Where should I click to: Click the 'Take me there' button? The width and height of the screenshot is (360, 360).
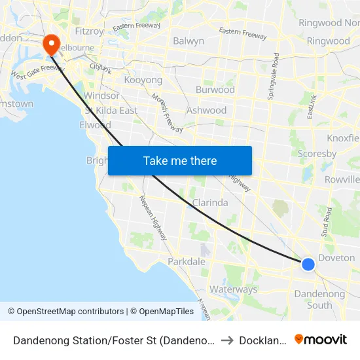(180, 160)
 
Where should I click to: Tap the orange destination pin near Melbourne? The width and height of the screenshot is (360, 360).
(51, 45)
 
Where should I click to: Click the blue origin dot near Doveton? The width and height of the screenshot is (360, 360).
(308, 264)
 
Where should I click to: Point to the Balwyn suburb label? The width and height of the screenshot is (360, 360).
(189, 41)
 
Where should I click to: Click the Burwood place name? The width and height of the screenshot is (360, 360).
(215, 90)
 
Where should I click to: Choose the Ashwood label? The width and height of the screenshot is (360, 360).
(206, 110)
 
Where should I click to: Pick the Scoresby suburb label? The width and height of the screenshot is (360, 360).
(317, 154)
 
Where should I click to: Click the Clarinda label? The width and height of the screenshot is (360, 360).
(210, 203)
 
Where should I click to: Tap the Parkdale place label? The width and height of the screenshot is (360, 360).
(187, 261)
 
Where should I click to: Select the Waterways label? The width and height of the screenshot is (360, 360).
(233, 289)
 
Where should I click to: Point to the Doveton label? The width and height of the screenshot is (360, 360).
(336, 258)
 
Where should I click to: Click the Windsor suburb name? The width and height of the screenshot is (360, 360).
(101, 96)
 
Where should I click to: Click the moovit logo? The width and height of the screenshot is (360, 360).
(321, 339)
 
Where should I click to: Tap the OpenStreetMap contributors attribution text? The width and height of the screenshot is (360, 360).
(65, 312)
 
